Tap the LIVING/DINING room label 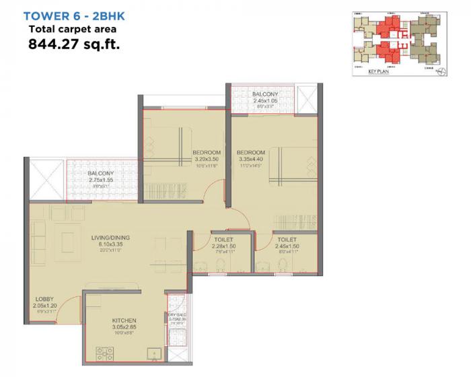tap(111, 238)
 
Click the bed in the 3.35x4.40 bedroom tap(289, 168)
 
